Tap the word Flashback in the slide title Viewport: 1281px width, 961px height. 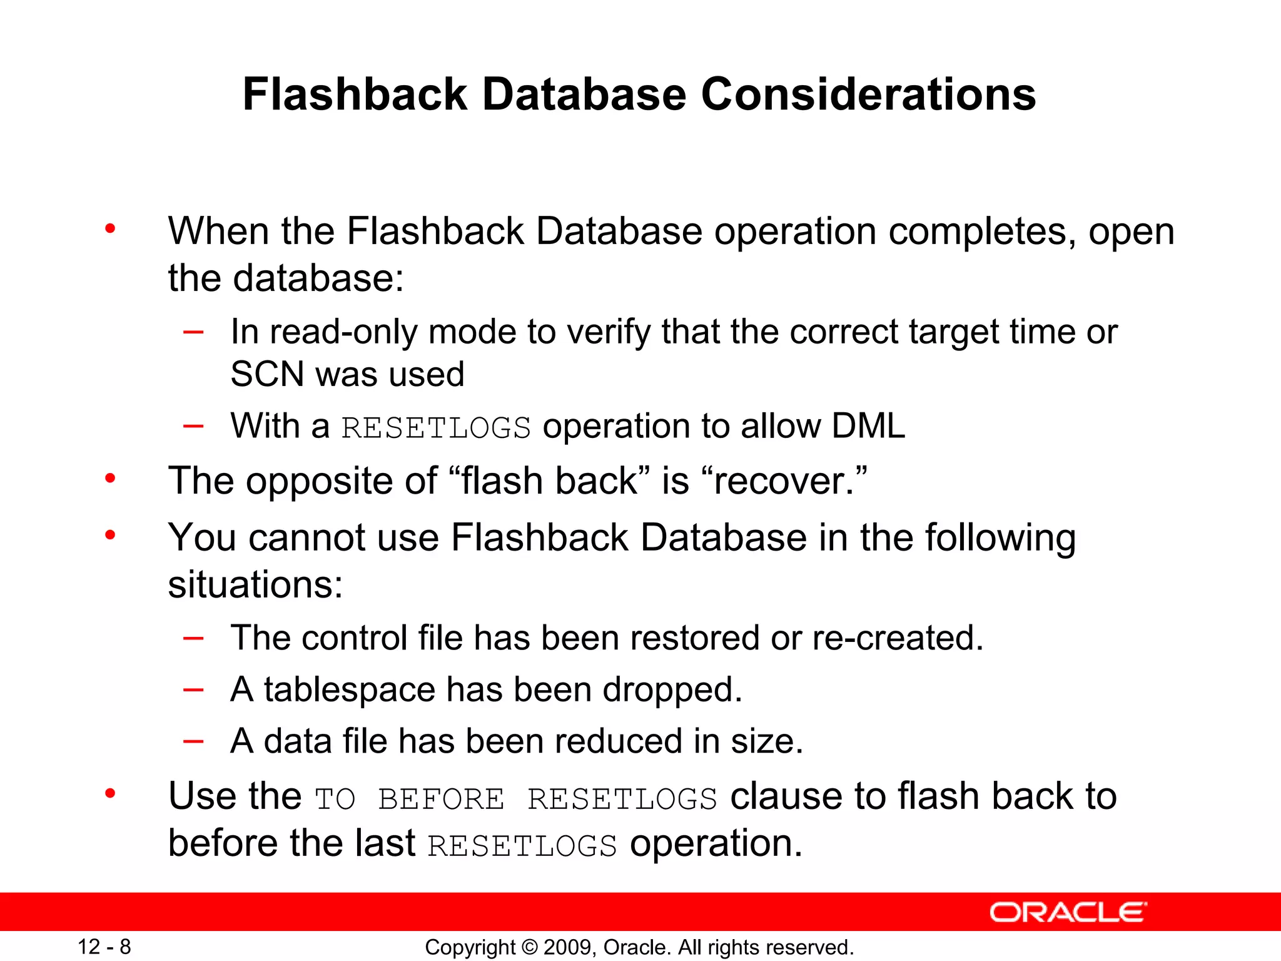(355, 95)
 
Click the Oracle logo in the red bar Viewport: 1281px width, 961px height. (1068, 912)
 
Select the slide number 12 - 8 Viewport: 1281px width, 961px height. (104, 947)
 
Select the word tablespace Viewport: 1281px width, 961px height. (349, 689)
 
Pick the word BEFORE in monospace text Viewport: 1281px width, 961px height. (441, 799)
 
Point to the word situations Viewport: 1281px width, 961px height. (255, 584)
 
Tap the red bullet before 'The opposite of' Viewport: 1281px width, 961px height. (110, 479)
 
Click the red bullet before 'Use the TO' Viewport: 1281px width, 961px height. (110, 794)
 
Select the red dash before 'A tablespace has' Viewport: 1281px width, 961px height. (193, 689)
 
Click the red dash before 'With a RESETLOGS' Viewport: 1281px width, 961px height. (193, 426)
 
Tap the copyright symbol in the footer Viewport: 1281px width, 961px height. (529, 947)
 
